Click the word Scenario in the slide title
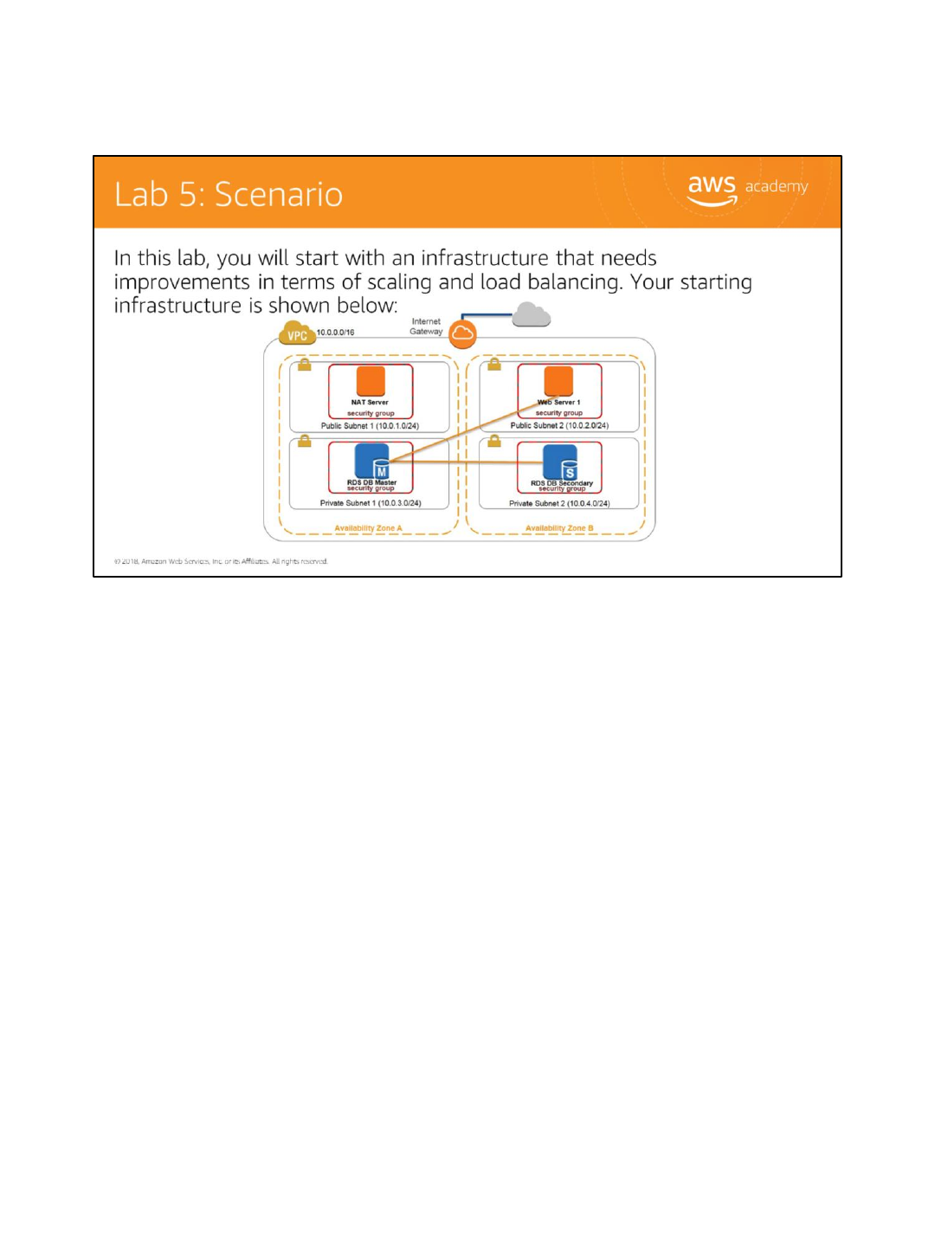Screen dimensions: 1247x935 (279, 195)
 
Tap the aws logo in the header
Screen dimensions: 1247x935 (712, 188)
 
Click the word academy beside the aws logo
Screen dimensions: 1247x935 (777, 186)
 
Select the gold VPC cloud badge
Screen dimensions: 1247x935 (297, 334)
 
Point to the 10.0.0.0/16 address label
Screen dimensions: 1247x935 (335, 333)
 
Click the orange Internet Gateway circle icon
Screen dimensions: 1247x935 (463, 333)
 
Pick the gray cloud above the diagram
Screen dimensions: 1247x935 (531, 314)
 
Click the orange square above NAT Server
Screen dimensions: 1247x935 (371, 381)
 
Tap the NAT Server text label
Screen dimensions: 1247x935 (370, 403)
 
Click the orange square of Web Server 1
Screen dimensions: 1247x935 (558, 381)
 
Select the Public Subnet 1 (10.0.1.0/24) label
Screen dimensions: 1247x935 (370, 426)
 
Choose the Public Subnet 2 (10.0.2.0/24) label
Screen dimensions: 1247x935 (559, 426)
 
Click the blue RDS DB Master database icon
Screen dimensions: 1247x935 (372, 461)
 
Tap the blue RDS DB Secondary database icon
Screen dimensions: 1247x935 (560, 462)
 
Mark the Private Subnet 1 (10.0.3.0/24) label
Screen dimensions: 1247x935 (371, 503)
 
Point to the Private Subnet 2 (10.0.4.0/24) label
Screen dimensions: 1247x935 (559, 503)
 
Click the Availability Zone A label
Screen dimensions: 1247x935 (368, 528)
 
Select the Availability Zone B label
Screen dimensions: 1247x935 (559, 528)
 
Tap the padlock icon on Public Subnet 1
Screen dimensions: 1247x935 (305, 365)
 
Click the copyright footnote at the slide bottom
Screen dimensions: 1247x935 (221, 561)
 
